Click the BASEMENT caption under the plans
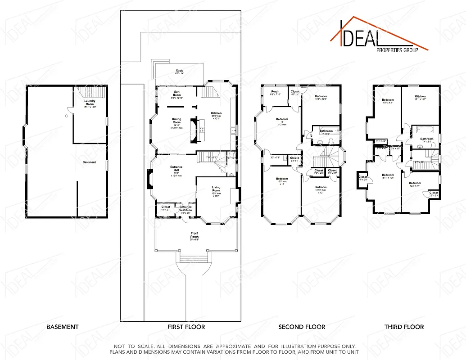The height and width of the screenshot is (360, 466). [x=63, y=327]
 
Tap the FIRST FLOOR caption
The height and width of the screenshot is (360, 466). [x=185, y=327]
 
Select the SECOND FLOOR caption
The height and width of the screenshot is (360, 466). [x=302, y=327]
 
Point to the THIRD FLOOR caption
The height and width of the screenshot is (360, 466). [x=404, y=327]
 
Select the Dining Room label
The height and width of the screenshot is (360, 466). [x=176, y=121]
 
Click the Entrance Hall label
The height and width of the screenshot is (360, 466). [x=176, y=168]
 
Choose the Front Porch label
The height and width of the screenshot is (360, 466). [x=195, y=234]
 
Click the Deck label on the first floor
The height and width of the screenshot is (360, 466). [x=179, y=71]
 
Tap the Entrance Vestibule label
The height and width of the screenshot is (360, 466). [x=185, y=208]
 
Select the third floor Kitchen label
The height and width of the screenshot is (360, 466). [x=420, y=96]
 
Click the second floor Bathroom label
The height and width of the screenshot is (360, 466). [x=326, y=131]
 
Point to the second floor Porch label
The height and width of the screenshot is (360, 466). [x=275, y=92]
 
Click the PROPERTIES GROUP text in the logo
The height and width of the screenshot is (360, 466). [x=397, y=50]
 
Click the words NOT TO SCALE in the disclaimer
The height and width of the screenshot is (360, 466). [x=135, y=345]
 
